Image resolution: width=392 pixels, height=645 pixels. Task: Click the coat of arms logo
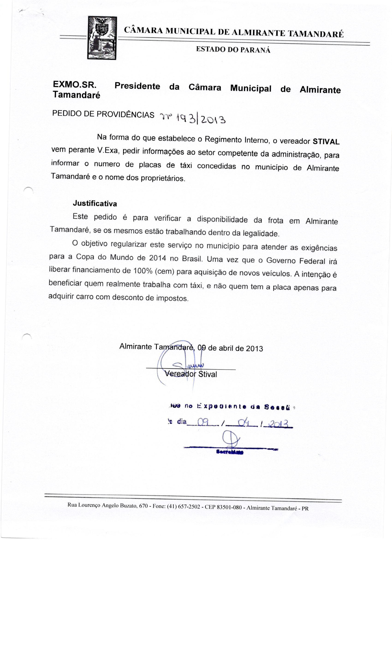[x=102, y=38]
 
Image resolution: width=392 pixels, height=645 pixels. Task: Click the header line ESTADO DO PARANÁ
[x=233, y=50]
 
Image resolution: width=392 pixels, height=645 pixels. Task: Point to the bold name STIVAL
[x=326, y=142]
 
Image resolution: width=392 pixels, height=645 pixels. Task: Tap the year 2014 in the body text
[x=157, y=258]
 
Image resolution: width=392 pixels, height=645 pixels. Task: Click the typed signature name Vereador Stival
[x=190, y=374]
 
